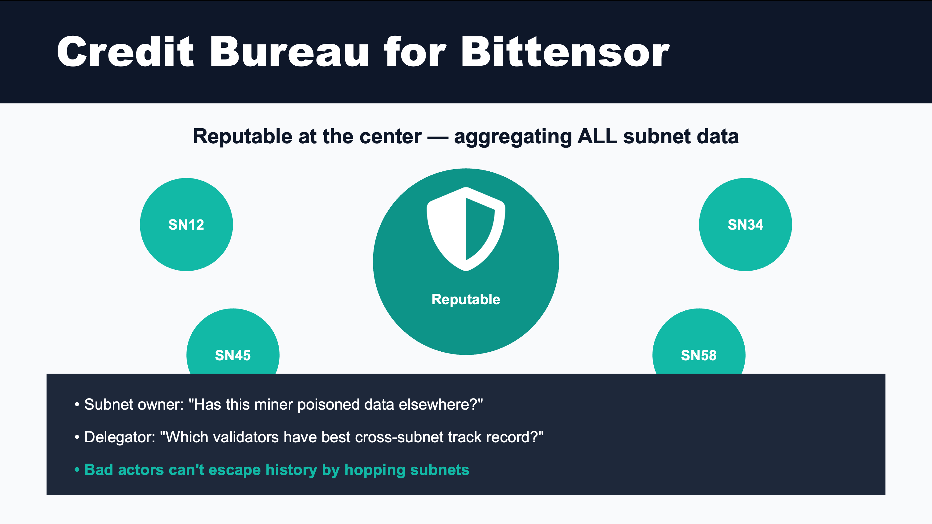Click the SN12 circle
[186, 224]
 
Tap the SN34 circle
[745, 224]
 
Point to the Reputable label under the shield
[466, 299]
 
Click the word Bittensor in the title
[565, 51]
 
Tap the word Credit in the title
[125, 51]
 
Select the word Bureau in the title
[289, 51]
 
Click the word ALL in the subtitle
[597, 137]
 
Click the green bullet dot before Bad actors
[77, 470]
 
